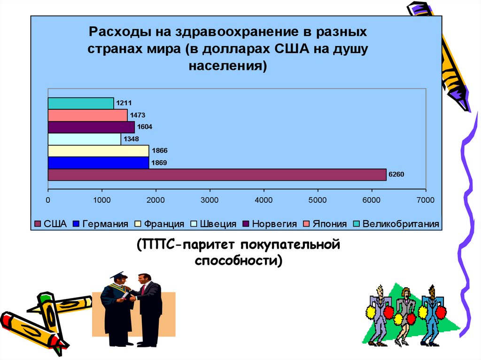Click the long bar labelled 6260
[x=217, y=175]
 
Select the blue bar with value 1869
[x=98, y=163]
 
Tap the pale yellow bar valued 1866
[x=98, y=151]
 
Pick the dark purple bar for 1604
[x=91, y=127]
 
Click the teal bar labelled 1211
[x=80, y=103]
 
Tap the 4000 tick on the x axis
[x=264, y=200]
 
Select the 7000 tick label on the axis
[x=425, y=200]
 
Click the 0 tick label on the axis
[x=48, y=200]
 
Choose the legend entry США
[x=51, y=224]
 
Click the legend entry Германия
[x=101, y=224]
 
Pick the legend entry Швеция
[x=214, y=224]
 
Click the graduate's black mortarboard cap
[x=118, y=275]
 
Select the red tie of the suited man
[x=142, y=289]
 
